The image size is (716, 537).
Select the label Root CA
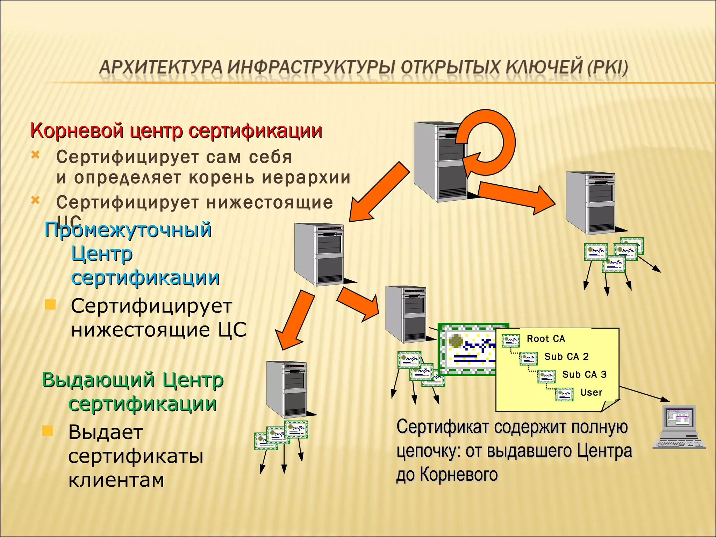pos(546,339)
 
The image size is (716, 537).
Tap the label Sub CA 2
pos(566,357)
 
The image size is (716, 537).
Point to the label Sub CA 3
pos(584,374)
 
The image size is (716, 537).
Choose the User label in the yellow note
pos(591,393)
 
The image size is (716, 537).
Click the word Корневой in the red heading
pos(77,131)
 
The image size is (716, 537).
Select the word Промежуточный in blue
pos(128,230)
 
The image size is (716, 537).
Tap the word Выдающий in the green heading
pos(98,380)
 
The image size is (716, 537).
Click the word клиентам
pos(116,480)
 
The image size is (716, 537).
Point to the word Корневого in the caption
pos(458,475)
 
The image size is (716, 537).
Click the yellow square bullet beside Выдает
pos(48,431)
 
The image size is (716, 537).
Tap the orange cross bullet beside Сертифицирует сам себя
pos(35,155)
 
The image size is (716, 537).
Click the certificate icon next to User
pos(564,394)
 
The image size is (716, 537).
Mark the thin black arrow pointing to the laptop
pos(645,394)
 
